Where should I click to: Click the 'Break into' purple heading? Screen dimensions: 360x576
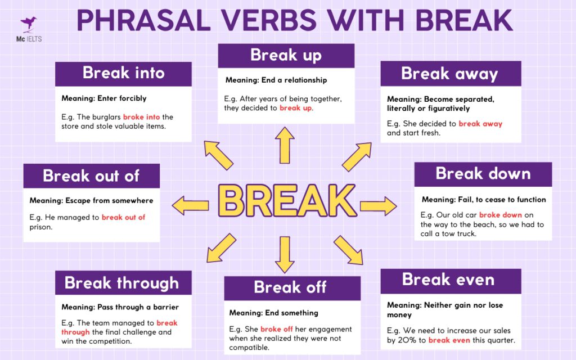[x=123, y=73]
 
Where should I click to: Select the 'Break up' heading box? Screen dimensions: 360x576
[x=286, y=55]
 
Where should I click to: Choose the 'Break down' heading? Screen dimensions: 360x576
[x=483, y=174]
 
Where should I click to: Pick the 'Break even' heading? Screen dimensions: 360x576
[x=448, y=280]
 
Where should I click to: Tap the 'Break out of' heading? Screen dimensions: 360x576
[x=91, y=175]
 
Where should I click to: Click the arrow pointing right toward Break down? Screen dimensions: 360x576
[x=378, y=205]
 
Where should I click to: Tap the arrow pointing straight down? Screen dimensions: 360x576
[x=285, y=254]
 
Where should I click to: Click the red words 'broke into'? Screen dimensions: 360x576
[x=142, y=117]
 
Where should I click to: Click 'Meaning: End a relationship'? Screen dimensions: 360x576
[x=276, y=80]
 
